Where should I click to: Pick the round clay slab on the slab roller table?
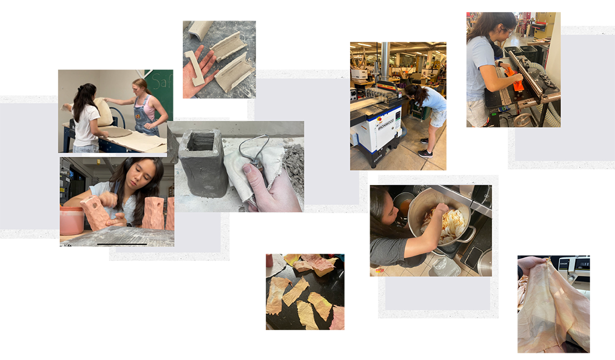pyautogui.click(x=115, y=132)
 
